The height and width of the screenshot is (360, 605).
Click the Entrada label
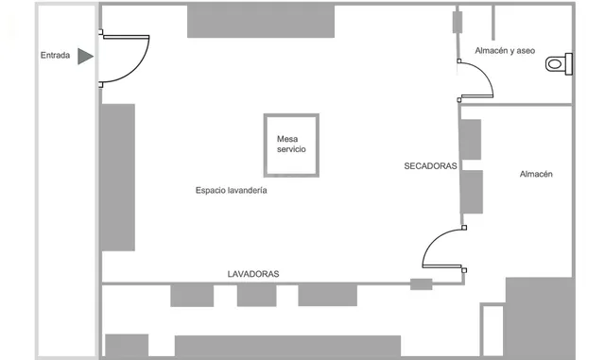[55, 55]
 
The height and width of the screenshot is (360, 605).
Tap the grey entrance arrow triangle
[85, 57]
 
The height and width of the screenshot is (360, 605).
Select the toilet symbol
[559, 63]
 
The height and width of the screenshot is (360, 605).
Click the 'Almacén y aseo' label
[505, 50]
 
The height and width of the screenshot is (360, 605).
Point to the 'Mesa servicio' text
[291, 144]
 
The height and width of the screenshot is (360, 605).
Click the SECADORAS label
[430, 166]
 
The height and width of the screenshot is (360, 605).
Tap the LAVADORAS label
[253, 274]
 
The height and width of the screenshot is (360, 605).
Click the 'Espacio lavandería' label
[231, 190]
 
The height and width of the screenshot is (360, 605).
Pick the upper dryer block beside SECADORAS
[471, 140]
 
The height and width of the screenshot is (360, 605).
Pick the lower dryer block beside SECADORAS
[472, 192]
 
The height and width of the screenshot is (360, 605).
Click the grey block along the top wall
[261, 21]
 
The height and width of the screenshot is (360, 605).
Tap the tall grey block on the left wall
[118, 177]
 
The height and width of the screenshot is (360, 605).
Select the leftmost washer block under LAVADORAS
[192, 295]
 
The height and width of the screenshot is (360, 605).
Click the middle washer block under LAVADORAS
[256, 295]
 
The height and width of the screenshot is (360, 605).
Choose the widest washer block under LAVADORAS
[328, 295]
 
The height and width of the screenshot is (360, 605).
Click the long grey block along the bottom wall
[287, 346]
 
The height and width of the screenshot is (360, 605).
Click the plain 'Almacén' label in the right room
[536, 174]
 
